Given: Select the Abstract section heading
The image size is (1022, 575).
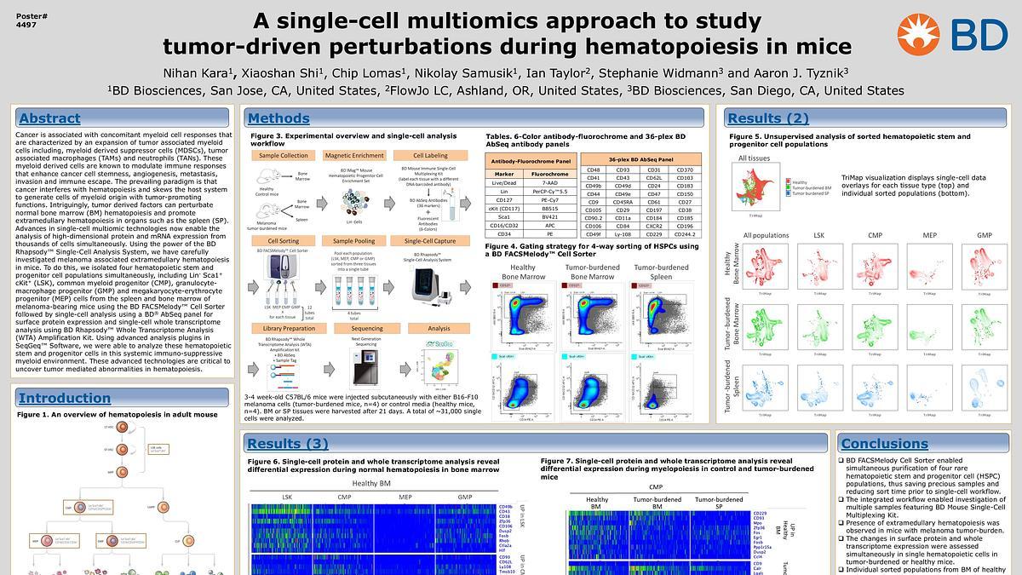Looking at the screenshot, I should click(x=49, y=118).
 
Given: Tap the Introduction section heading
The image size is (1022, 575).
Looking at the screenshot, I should click(x=65, y=398).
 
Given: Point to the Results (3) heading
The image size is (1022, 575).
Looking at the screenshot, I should click(x=287, y=443).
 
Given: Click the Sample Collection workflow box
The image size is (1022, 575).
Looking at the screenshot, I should click(x=284, y=156).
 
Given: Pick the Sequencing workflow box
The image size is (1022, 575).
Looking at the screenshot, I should click(x=367, y=328).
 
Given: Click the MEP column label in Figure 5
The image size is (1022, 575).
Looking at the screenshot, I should click(x=924, y=235).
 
